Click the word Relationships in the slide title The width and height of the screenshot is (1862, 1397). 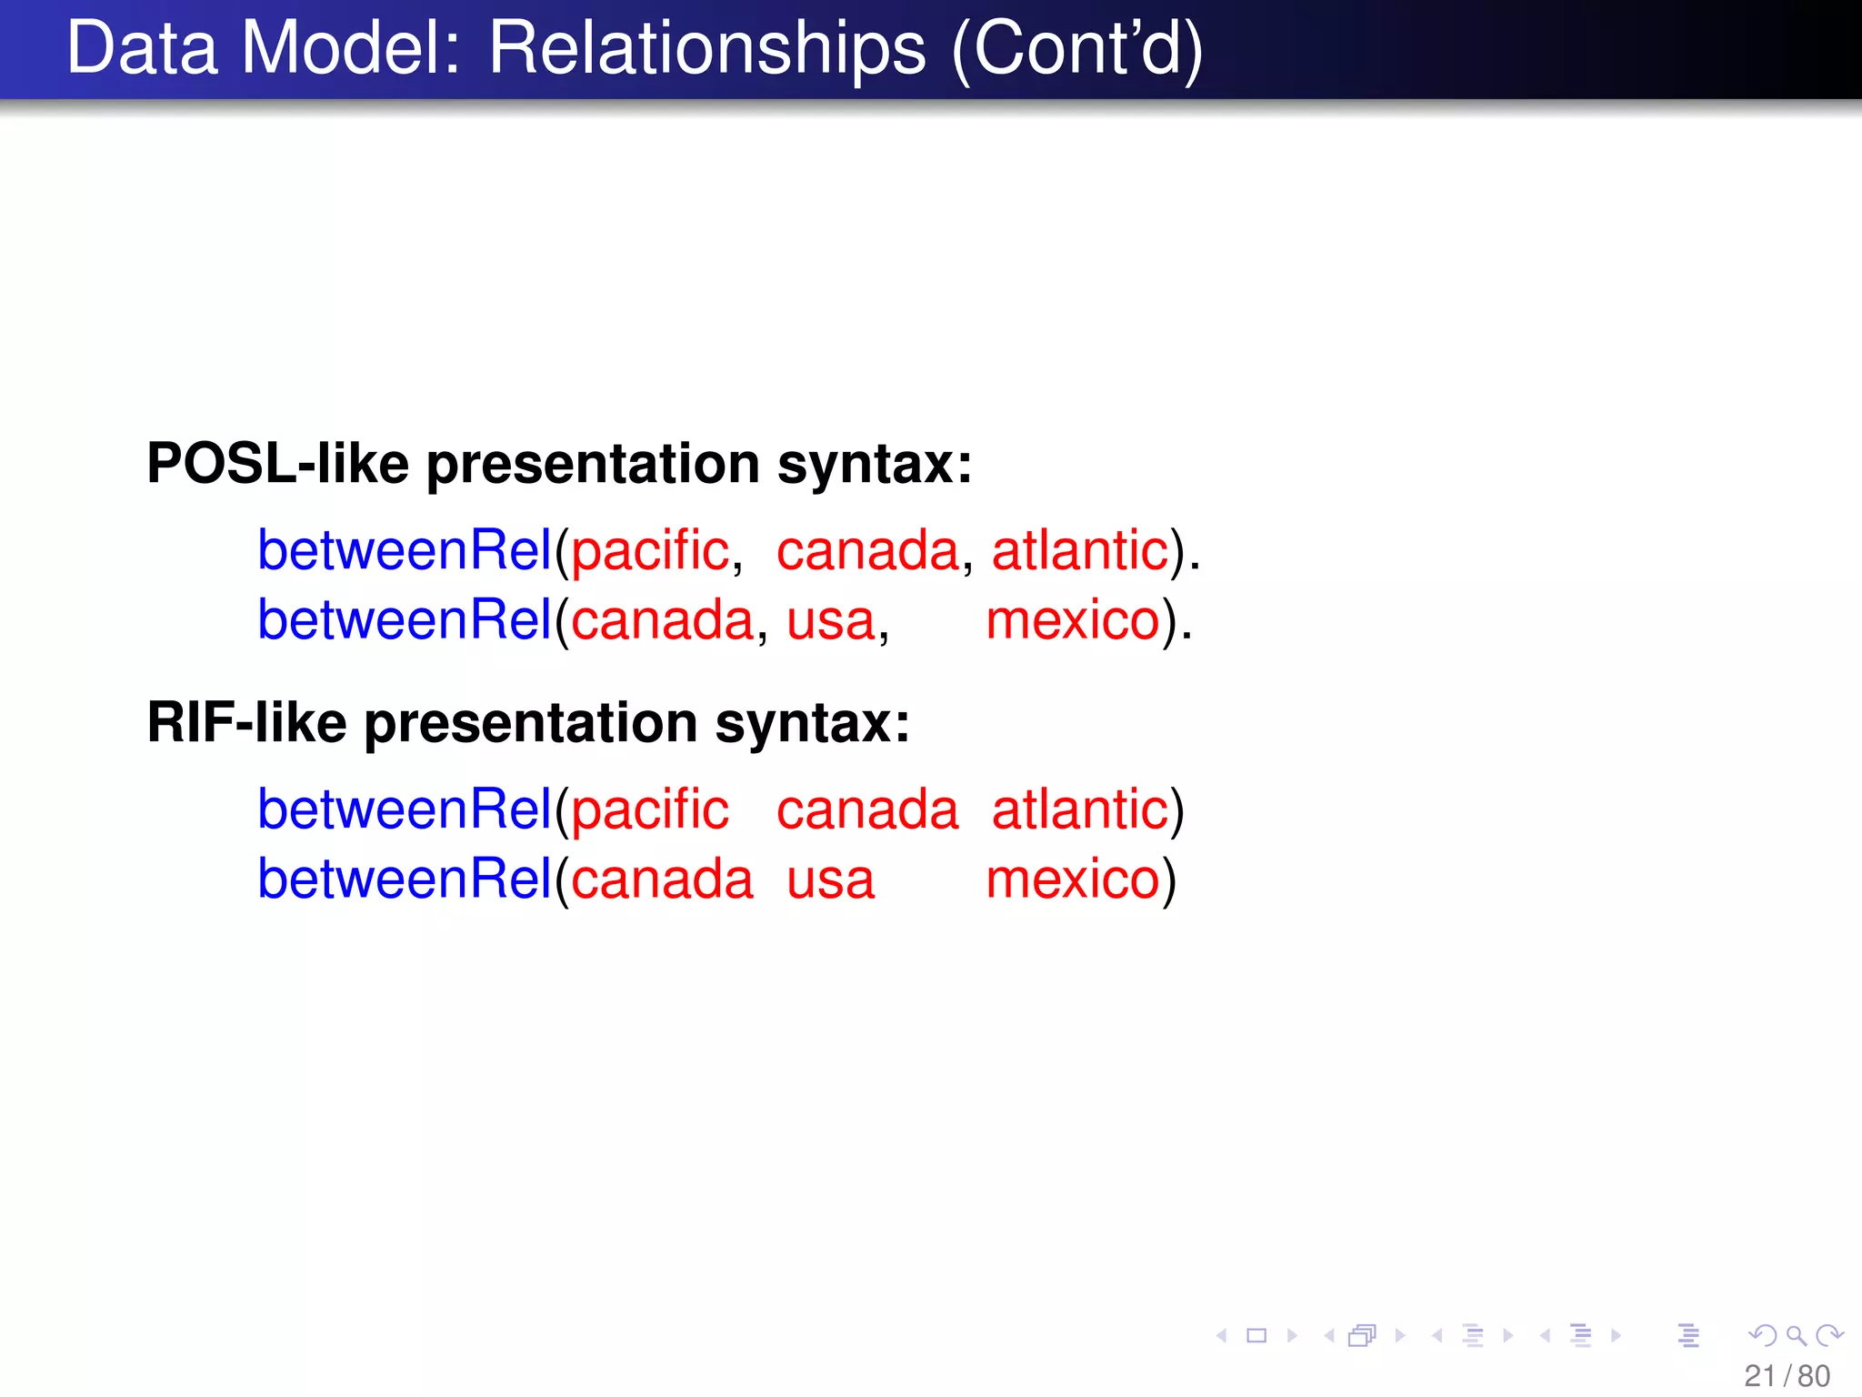point(706,49)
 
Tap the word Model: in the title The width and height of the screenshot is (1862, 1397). point(351,49)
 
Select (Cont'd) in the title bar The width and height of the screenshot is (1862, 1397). point(1076,51)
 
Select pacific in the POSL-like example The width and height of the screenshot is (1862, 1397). point(649,552)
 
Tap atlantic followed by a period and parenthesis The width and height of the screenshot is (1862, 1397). point(1079,550)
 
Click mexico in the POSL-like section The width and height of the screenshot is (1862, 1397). point(1073,621)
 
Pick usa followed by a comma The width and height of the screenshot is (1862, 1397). point(830,621)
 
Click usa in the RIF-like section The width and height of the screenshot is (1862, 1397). point(830,880)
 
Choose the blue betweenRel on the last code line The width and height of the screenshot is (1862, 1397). point(405,879)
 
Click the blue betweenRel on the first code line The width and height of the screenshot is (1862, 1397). point(405,550)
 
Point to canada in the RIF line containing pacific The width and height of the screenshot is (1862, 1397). point(866,810)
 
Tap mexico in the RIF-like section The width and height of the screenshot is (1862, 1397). point(1073,880)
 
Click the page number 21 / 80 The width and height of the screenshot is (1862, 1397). point(1787,1376)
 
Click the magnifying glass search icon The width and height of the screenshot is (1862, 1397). point(1796,1335)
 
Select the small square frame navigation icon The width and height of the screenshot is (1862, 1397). point(1256,1335)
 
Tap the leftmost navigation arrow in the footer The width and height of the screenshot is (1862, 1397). point(1222,1335)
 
